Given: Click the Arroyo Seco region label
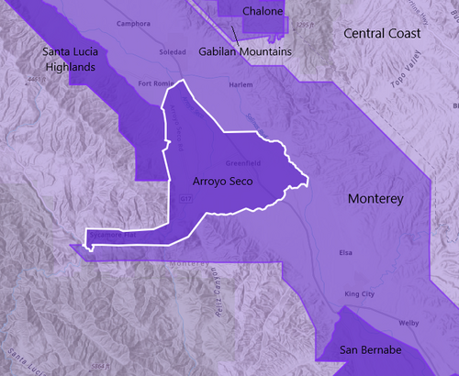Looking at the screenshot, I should [x=223, y=182].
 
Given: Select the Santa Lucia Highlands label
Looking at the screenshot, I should [x=80, y=60].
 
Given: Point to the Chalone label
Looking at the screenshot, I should [x=263, y=11].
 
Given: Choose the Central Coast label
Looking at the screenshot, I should [x=382, y=33].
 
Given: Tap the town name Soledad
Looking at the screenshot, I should [x=173, y=50].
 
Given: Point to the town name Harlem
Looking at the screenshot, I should [x=241, y=84].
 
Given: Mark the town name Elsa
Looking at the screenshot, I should [x=345, y=251].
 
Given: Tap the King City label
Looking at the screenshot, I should [x=359, y=293].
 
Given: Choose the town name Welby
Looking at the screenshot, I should [x=409, y=323].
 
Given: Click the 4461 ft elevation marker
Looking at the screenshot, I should [x=37, y=80].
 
